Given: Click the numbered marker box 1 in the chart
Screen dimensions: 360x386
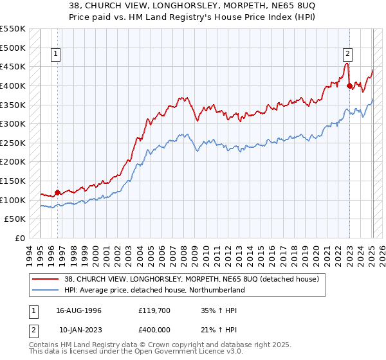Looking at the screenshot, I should (x=57, y=55).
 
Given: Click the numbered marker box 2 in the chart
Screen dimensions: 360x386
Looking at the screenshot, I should (x=347, y=55).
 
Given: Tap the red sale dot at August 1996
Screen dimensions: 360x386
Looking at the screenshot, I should (x=57, y=192).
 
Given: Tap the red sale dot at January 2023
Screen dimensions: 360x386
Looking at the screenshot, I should (x=349, y=85).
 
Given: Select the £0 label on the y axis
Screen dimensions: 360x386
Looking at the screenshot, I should (x=21, y=238).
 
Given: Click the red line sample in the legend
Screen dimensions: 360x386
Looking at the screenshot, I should (x=46, y=280).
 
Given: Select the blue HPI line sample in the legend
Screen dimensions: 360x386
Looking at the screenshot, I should (x=46, y=291).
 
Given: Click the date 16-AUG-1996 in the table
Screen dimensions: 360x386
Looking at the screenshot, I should (x=78, y=310).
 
